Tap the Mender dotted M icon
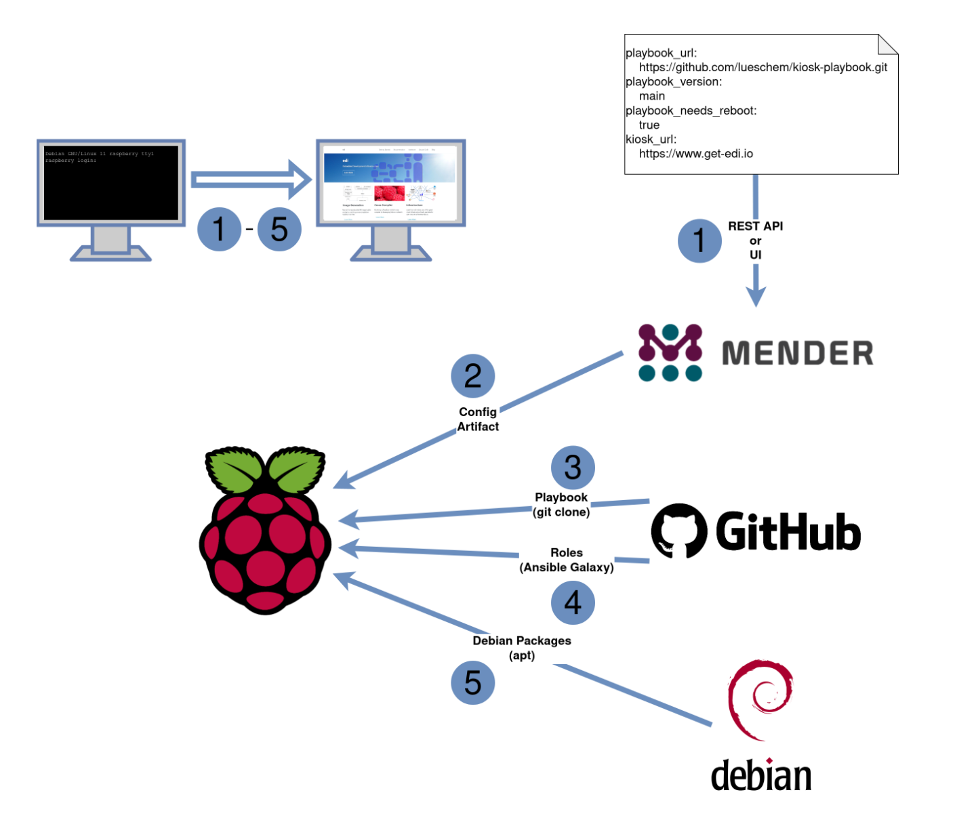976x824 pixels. point(670,352)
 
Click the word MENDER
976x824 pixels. point(798,353)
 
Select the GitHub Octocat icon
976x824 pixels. point(678,531)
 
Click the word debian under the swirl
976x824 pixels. point(760,776)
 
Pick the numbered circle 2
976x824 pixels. point(472,376)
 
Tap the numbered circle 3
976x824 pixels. point(573,468)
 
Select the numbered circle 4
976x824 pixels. point(573,602)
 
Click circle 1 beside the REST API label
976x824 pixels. point(699,241)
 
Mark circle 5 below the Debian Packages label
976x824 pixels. point(472,682)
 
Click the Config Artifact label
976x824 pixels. point(478,419)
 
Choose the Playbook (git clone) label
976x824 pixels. point(561,505)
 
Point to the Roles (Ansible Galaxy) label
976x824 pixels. point(567,560)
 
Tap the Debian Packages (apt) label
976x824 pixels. point(522,648)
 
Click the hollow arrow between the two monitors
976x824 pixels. point(251,180)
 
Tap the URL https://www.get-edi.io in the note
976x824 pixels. point(695,154)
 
